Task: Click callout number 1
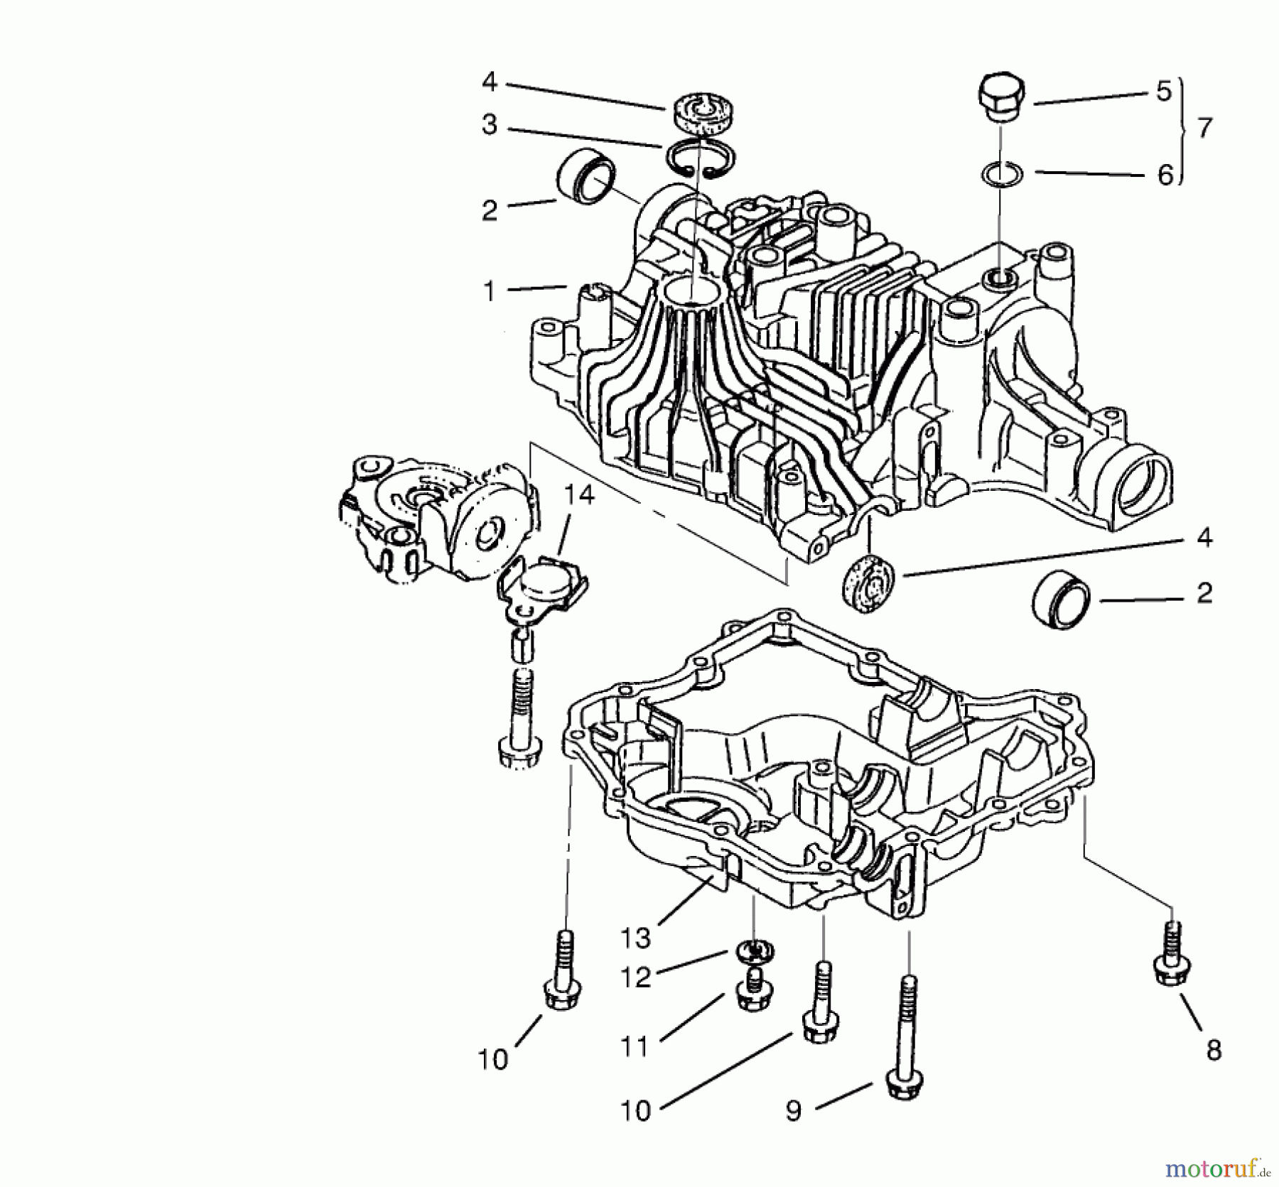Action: [x=489, y=291]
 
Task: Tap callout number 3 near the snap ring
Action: [x=490, y=125]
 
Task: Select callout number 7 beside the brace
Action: [x=1204, y=129]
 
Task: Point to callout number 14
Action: [x=580, y=495]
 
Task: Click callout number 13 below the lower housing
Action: [x=636, y=938]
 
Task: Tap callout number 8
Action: [x=1213, y=1049]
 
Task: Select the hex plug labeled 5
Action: [x=1001, y=101]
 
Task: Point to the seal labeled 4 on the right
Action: [x=867, y=583]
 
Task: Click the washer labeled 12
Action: [x=755, y=952]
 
